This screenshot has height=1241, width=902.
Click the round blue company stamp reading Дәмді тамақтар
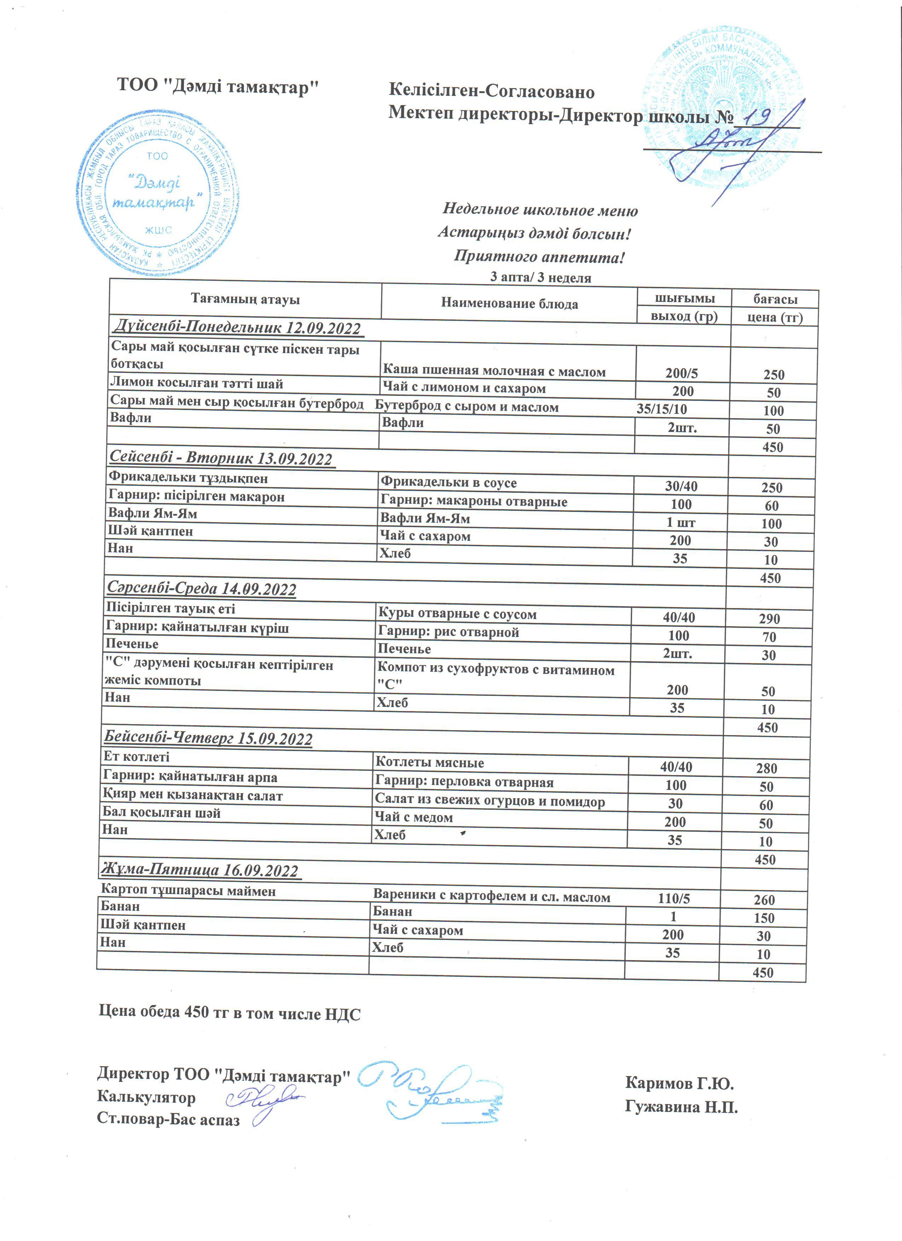(x=157, y=194)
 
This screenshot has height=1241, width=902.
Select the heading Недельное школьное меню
(x=540, y=210)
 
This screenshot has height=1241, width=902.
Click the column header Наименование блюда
(x=509, y=304)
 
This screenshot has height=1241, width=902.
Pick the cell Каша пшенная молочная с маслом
(x=494, y=372)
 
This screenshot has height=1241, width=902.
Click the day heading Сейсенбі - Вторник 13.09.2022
(x=221, y=458)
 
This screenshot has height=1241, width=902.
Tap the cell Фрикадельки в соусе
(x=449, y=483)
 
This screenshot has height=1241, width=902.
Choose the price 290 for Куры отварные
(x=769, y=619)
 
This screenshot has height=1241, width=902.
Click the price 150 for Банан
(x=764, y=918)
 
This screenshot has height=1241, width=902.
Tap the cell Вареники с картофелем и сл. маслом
(x=491, y=897)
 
